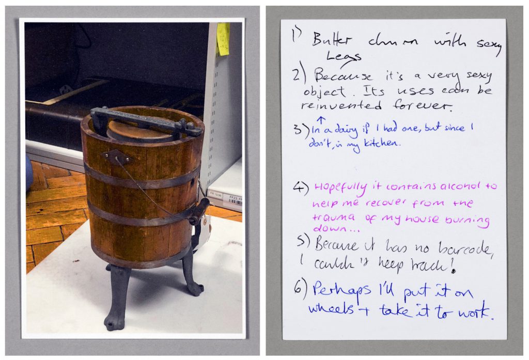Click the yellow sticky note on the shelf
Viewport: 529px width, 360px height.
(223, 38)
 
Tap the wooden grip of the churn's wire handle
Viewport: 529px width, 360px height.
(199, 211)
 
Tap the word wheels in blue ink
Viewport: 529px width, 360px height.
(331, 309)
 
